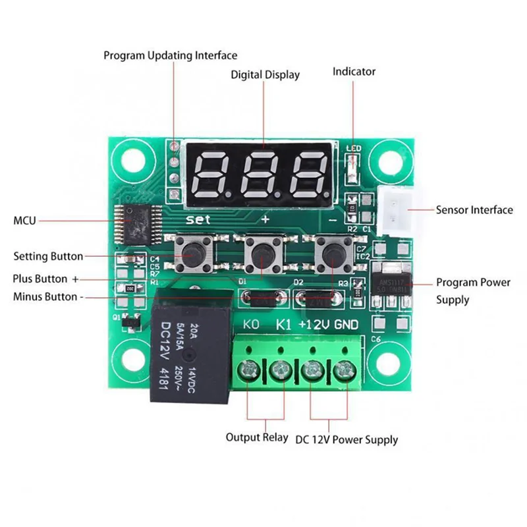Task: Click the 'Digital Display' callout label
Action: pyautogui.click(x=265, y=74)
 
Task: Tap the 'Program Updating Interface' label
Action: pyautogui.click(x=170, y=55)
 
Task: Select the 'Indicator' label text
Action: pyautogui.click(x=354, y=71)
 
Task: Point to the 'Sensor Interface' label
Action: pyautogui.click(x=474, y=210)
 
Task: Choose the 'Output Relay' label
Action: pyautogui.click(x=257, y=437)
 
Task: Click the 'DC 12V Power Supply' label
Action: pyautogui.click(x=347, y=439)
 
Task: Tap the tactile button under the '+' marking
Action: pyautogui.click(x=263, y=254)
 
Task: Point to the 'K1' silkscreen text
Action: pyautogui.click(x=284, y=324)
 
